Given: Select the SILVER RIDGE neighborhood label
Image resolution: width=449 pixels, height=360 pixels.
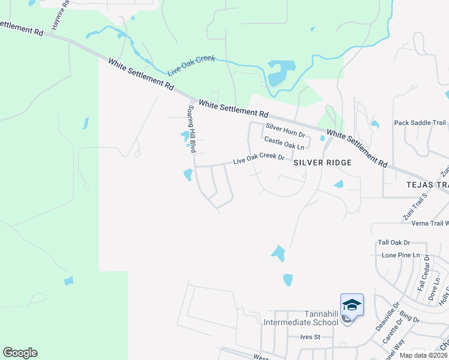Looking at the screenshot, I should [322, 163].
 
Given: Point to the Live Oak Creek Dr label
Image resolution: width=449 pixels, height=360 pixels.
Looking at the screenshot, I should [259, 159].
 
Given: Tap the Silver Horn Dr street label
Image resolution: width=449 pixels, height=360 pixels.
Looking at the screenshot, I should [286, 130].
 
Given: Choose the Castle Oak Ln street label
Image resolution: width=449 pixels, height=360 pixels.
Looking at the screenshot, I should [285, 142].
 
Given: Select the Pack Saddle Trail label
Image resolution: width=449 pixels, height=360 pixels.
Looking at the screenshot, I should [420, 123].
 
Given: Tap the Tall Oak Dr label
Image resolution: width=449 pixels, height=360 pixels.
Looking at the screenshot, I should [394, 242].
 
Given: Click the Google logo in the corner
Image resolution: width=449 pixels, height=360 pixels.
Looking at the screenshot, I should [20, 353].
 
